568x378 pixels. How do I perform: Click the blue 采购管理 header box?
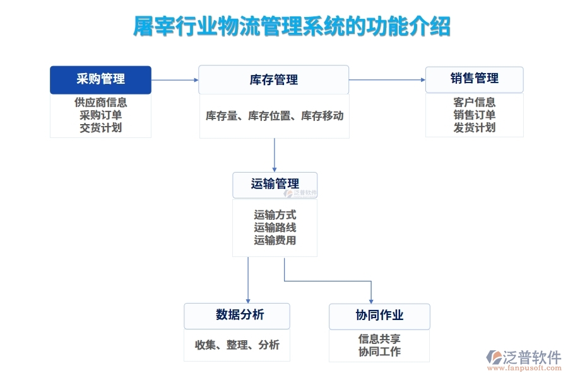(100, 79)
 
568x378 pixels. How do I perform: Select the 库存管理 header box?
(273, 80)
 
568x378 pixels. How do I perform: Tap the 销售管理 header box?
(474, 79)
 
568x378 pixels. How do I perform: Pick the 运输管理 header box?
(275, 184)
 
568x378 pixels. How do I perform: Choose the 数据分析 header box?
(237, 315)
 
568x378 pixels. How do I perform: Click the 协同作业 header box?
(379, 316)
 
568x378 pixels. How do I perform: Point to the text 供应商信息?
(100, 102)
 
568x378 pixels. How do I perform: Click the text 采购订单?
(100, 115)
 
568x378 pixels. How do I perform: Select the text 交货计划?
(100, 127)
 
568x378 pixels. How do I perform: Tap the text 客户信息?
(474, 102)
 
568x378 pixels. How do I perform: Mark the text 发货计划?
(474, 127)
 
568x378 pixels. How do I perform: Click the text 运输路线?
(275, 227)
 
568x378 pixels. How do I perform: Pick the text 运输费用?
(275, 240)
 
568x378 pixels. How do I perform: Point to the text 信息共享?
(379, 339)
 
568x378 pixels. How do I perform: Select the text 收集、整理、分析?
(237, 345)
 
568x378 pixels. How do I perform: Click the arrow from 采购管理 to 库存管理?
(175, 80)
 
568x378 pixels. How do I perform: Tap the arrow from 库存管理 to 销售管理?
(387, 79)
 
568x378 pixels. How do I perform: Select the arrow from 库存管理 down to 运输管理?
(275, 154)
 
